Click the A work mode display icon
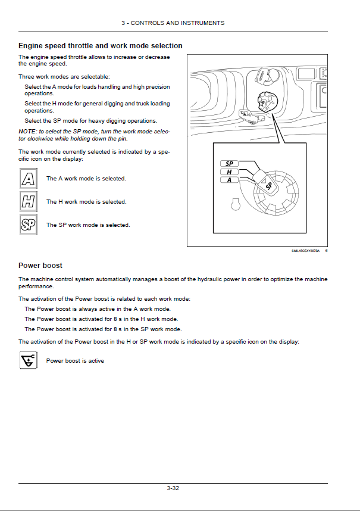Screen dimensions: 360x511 pyautogui.click(x=29, y=178)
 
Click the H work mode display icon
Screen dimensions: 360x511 pyautogui.click(x=29, y=201)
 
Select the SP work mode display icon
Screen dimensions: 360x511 pyautogui.click(x=29, y=225)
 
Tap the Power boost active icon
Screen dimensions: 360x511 pyautogui.click(x=29, y=360)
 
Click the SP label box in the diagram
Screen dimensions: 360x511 pyautogui.click(x=229, y=164)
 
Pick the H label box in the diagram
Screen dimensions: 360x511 pyautogui.click(x=229, y=172)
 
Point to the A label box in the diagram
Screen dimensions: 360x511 pyautogui.click(x=229, y=180)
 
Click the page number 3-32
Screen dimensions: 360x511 pyautogui.click(x=173, y=488)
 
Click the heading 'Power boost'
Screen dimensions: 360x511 pyautogui.click(x=40, y=265)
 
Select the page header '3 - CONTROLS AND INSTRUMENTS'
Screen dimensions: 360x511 pyautogui.click(x=173, y=23)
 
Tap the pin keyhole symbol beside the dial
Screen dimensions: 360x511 pyautogui.click(x=235, y=204)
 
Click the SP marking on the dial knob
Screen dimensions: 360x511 pyautogui.click(x=269, y=186)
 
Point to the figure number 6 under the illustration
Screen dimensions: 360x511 pyautogui.click(x=326, y=251)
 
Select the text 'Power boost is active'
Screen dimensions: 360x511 pyautogui.click(x=75, y=361)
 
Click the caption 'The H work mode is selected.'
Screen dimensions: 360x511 pyautogui.click(x=86, y=202)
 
